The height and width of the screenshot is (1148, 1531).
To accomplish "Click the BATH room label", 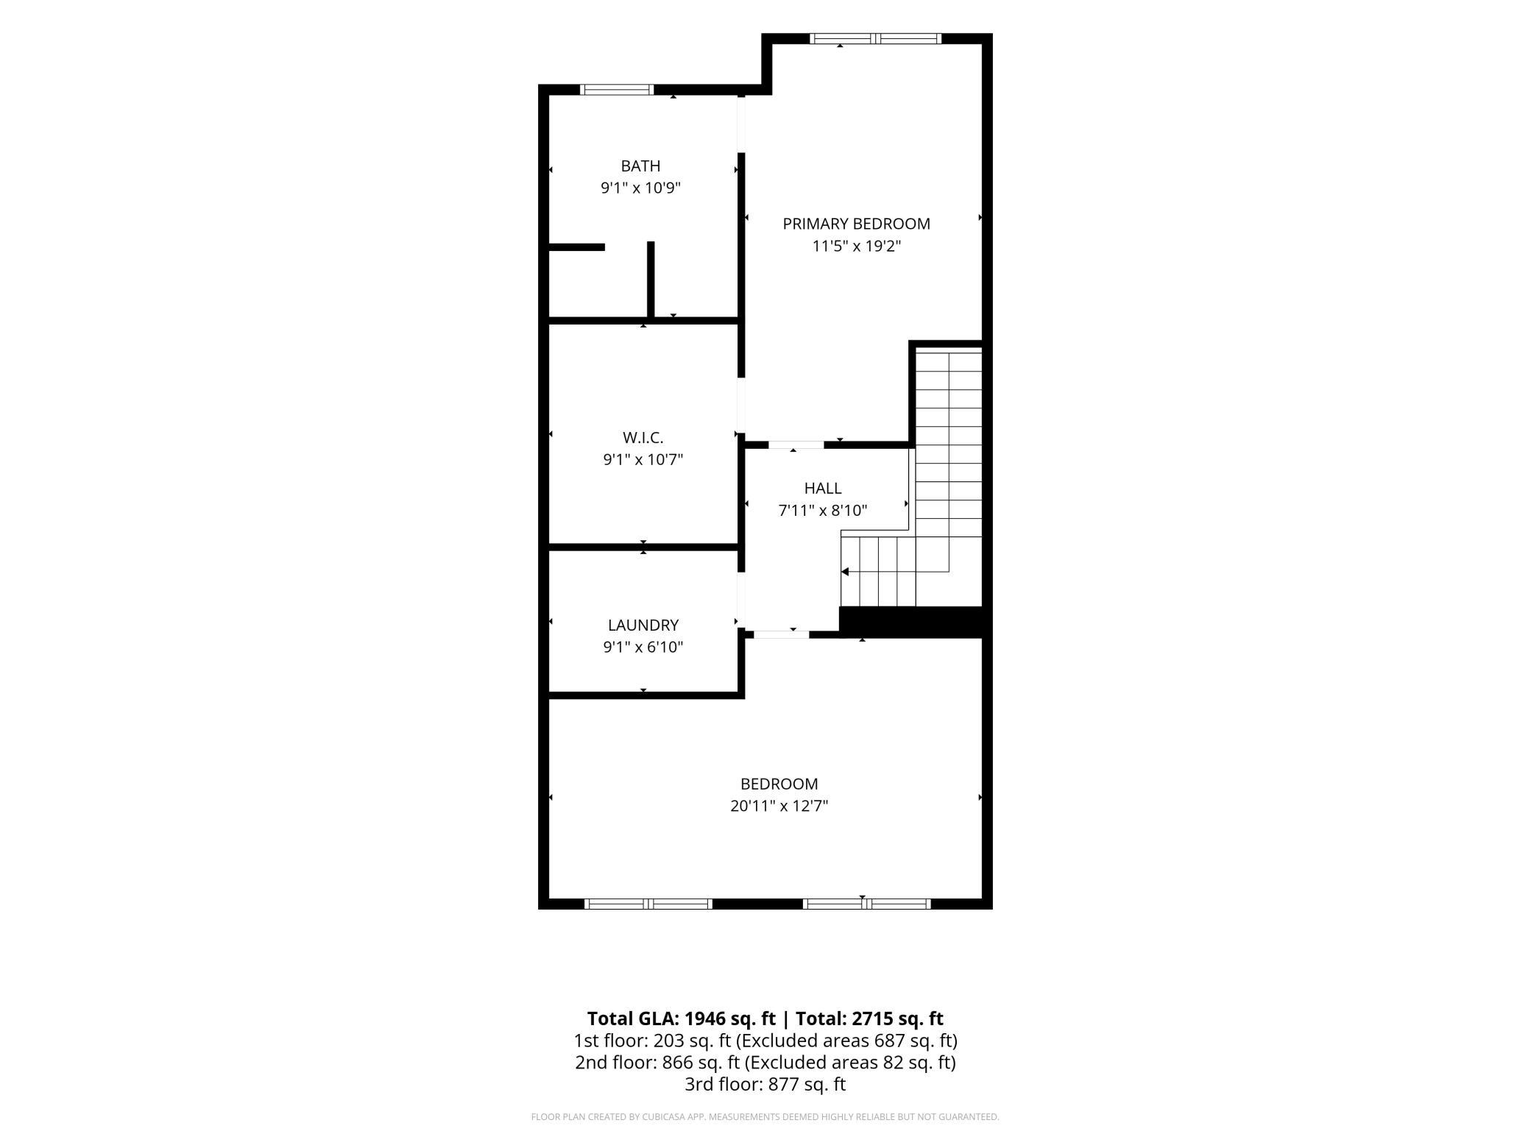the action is pyautogui.click(x=640, y=166).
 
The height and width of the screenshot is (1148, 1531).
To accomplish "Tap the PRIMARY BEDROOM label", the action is pyautogui.click(x=856, y=224).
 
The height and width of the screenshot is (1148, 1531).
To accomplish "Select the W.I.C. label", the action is pyautogui.click(x=643, y=438).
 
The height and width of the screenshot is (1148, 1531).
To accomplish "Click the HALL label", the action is pyautogui.click(x=823, y=488).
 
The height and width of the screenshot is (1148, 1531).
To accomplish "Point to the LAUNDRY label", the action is pyautogui.click(x=643, y=626).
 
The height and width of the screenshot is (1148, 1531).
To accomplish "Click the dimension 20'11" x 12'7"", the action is pyautogui.click(x=779, y=806).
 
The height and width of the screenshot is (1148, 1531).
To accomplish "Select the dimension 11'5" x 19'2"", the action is pyautogui.click(x=857, y=246).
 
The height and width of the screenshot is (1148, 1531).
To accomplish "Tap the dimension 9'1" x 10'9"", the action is pyautogui.click(x=640, y=188).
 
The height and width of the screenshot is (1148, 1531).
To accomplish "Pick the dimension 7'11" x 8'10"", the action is pyautogui.click(x=823, y=511).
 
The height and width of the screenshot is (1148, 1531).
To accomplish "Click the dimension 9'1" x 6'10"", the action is pyautogui.click(x=643, y=648).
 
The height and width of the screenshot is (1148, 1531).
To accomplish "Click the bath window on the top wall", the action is pyautogui.click(x=617, y=90).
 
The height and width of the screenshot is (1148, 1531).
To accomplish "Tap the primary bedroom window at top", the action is pyautogui.click(x=876, y=38).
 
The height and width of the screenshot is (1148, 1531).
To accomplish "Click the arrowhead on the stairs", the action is pyautogui.click(x=845, y=572).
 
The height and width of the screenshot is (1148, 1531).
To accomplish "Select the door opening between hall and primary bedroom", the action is pyautogui.click(x=796, y=444).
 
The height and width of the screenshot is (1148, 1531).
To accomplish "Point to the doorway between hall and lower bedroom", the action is pyautogui.click(x=782, y=634).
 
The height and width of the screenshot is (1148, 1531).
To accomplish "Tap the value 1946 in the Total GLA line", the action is pyautogui.click(x=707, y=1018).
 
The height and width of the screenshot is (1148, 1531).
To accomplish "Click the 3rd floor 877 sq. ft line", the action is pyautogui.click(x=765, y=1084).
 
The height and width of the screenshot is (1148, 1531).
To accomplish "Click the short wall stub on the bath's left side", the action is pyautogui.click(x=577, y=247).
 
